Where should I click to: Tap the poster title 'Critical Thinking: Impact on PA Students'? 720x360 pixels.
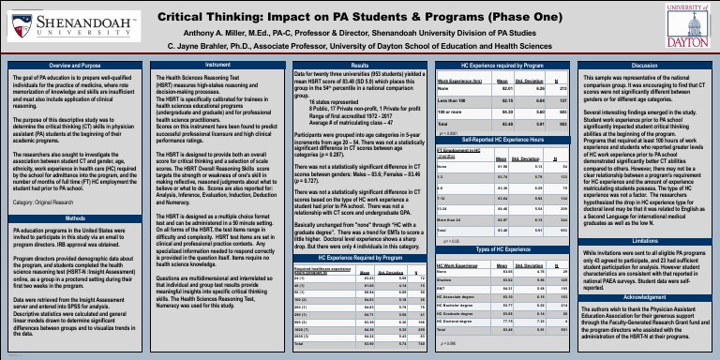point(360,16)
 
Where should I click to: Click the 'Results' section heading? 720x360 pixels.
point(360,66)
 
